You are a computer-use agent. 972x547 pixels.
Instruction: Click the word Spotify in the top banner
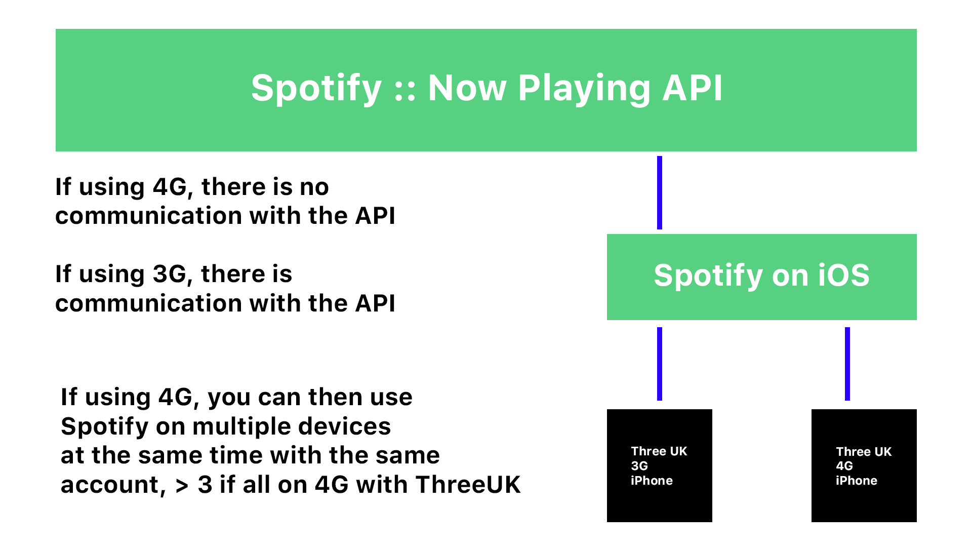tap(316, 89)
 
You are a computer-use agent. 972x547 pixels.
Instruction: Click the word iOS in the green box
tap(843, 276)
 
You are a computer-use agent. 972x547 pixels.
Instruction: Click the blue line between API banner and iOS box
tap(660, 192)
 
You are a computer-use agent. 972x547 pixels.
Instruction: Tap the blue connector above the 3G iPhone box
tap(660, 364)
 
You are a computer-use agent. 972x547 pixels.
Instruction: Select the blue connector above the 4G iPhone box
tap(847, 364)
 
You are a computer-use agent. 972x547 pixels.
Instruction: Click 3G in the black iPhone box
tap(639, 466)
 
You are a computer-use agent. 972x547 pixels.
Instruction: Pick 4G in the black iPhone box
tap(844, 466)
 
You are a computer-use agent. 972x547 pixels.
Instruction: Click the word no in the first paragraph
tap(314, 187)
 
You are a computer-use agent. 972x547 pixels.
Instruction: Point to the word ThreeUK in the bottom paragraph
tap(468, 485)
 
